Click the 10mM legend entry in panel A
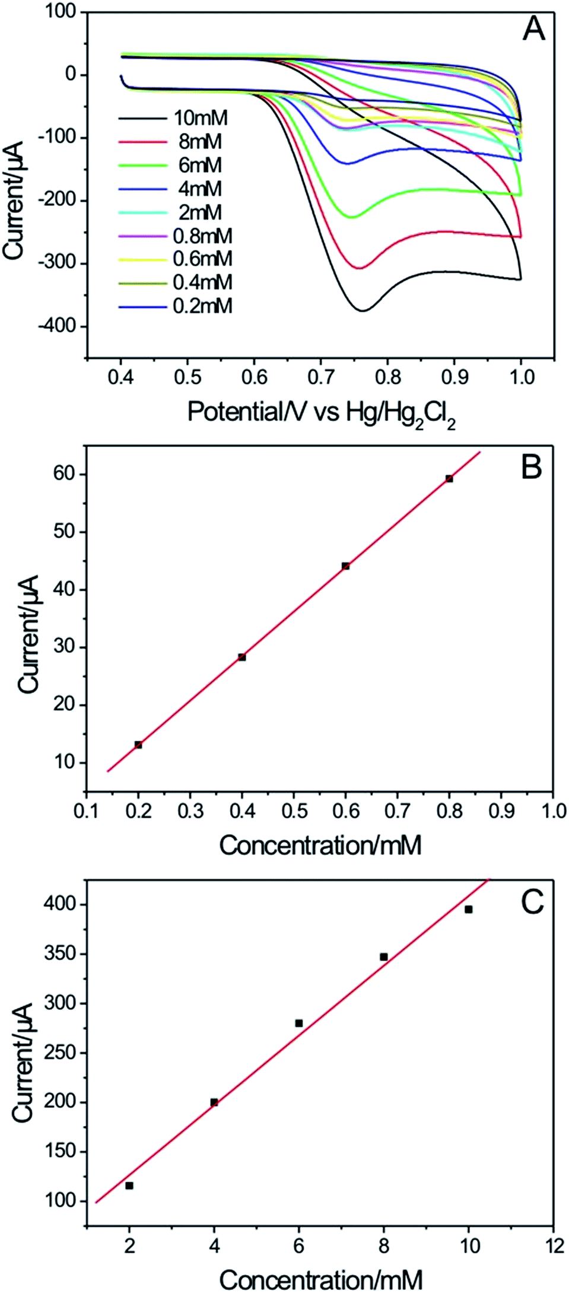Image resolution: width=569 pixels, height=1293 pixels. pyautogui.click(x=201, y=118)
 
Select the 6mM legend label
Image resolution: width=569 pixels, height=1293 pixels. pyautogui.click(x=201, y=165)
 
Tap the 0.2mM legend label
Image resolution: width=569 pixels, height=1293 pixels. pyautogui.click(x=203, y=306)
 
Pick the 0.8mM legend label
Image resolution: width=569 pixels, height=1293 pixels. pyautogui.click(x=203, y=236)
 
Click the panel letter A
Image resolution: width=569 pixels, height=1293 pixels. pyautogui.click(x=533, y=29)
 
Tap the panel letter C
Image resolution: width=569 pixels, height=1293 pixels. pyautogui.click(x=532, y=903)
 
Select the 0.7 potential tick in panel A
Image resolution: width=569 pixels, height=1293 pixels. pyautogui.click(x=320, y=377)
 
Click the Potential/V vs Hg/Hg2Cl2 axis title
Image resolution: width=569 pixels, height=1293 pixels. pyautogui.click(x=321, y=413)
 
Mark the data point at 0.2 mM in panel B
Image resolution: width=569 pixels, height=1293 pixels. pyautogui.click(x=138, y=745)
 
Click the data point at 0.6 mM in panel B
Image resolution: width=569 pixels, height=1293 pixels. pyautogui.click(x=346, y=566)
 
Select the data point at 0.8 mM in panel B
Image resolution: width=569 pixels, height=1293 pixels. pyautogui.click(x=449, y=479)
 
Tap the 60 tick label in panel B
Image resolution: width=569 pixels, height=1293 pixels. pyautogui.click(x=65, y=474)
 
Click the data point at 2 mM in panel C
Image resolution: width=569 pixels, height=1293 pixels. pyautogui.click(x=129, y=1186)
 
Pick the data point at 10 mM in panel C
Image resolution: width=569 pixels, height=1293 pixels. pyautogui.click(x=468, y=909)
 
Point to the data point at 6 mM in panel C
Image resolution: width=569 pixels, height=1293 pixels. pyautogui.click(x=299, y=1023)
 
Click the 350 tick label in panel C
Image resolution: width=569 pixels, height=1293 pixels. pyautogui.click(x=61, y=954)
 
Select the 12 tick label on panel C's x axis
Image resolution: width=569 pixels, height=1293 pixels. pyautogui.click(x=555, y=1246)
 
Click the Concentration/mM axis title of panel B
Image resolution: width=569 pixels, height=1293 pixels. pyautogui.click(x=320, y=846)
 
